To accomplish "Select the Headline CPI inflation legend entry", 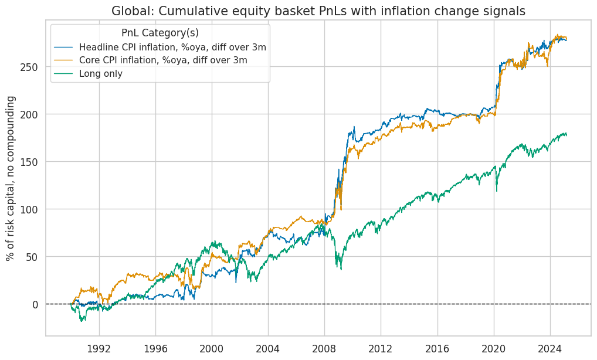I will (172, 47).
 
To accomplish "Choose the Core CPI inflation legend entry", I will (163, 60).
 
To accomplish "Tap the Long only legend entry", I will (101, 73).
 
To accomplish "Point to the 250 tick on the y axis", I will (32, 67).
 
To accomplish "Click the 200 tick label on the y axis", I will (32, 114).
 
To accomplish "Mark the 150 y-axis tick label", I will (32, 162).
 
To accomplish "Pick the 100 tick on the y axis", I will (32, 209).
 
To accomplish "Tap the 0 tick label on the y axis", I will (36, 304).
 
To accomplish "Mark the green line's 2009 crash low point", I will (341, 269).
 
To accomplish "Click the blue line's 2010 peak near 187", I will (354, 127).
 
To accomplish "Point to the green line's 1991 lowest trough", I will (82, 321).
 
